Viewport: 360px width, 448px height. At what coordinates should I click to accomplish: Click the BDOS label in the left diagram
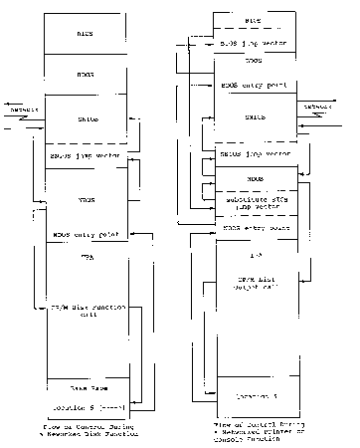click(87, 75)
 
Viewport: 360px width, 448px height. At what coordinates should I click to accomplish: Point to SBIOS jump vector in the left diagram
click(87, 158)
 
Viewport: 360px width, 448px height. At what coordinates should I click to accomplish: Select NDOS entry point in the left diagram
click(86, 235)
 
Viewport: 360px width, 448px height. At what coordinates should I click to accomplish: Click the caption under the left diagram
click(87, 431)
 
